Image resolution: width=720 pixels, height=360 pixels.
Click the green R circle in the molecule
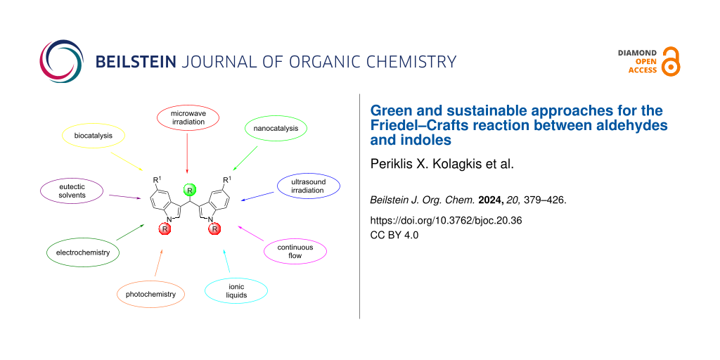click(188, 189)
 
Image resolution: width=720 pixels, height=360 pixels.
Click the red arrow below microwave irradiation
click(187, 153)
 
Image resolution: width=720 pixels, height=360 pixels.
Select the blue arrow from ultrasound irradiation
click(258, 196)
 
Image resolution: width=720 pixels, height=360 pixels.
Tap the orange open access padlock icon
click(670, 61)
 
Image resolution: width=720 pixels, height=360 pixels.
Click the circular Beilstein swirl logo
click(62, 62)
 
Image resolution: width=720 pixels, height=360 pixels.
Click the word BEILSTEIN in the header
click(135, 62)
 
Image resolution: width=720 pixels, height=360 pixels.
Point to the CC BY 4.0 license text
click(394, 235)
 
